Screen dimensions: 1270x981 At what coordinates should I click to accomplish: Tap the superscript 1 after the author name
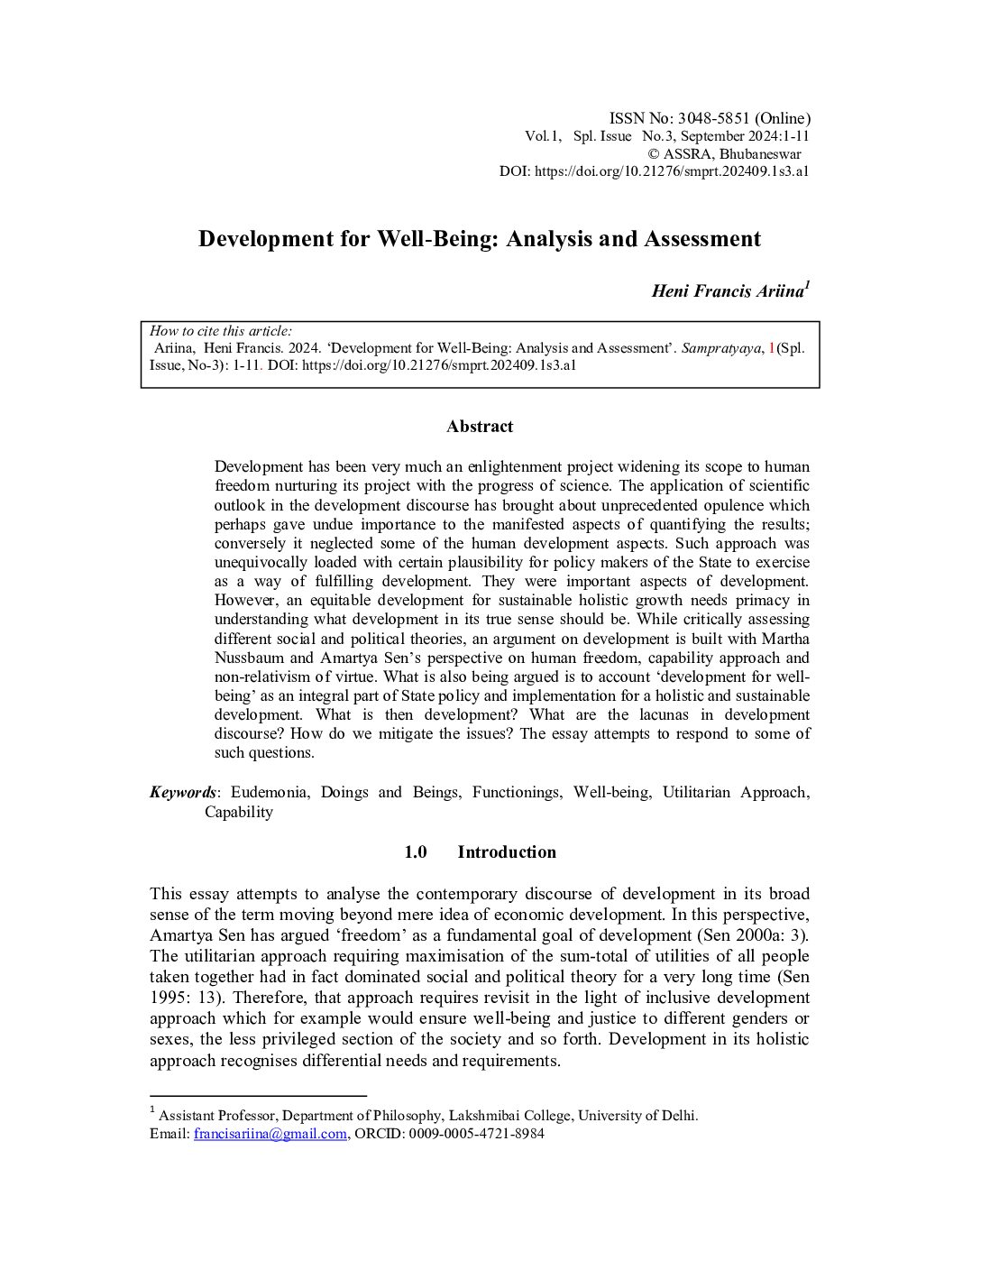pyautogui.click(x=807, y=286)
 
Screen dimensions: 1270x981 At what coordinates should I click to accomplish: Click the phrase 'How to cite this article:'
pyautogui.click(x=220, y=331)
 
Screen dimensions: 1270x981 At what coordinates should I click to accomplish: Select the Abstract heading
pyautogui.click(x=480, y=427)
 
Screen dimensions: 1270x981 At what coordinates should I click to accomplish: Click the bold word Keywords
pyautogui.click(x=183, y=792)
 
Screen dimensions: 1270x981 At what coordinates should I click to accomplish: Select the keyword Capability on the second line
pyautogui.click(x=238, y=812)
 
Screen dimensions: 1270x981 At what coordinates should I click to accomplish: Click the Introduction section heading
pyautogui.click(x=506, y=852)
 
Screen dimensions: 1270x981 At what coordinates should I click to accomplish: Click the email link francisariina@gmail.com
pyautogui.click(x=270, y=1134)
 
